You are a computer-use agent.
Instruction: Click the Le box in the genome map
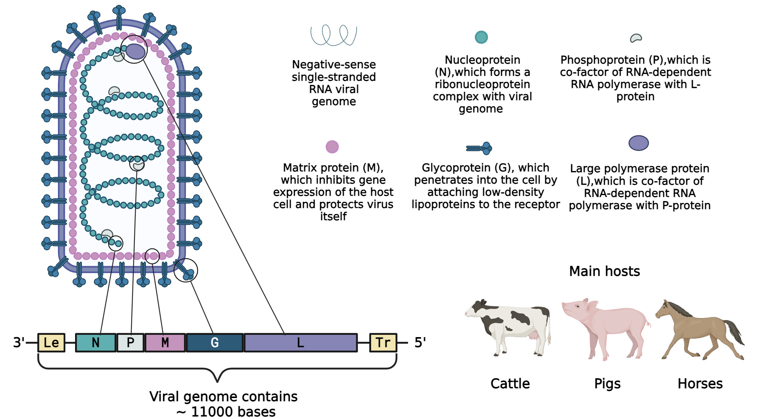(51, 342)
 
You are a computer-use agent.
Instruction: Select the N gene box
(96, 342)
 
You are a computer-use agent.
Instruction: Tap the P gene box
(130, 342)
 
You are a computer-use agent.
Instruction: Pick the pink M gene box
(165, 342)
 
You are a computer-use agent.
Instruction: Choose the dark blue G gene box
(215, 342)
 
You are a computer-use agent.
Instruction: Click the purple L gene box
(301, 342)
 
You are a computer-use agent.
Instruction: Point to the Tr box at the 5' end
(383, 342)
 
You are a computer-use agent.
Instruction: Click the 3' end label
(19, 342)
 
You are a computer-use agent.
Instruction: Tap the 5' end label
(420, 342)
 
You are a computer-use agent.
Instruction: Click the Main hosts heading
(604, 271)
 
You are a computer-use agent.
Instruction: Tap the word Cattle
(510, 384)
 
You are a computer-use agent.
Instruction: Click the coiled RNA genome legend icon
(334, 35)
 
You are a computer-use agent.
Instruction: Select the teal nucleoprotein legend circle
(481, 37)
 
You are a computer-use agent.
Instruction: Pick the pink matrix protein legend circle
(332, 147)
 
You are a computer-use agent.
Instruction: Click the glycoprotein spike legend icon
(479, 148)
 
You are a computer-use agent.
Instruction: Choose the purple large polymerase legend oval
(639, 143)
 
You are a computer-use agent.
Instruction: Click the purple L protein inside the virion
(135, 51)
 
